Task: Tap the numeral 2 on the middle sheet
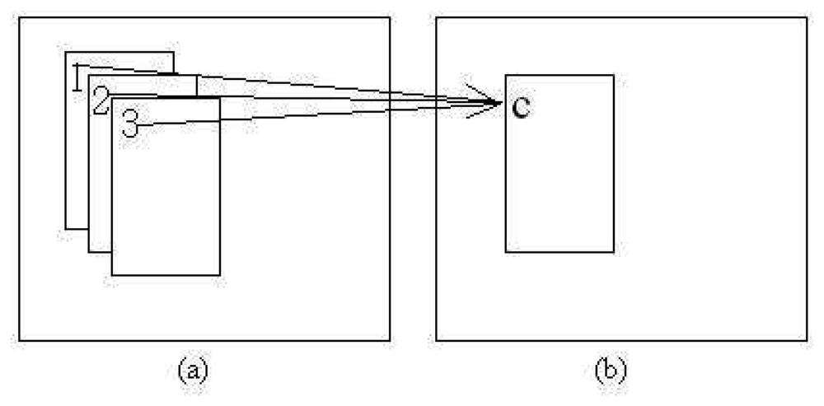click(100, 100)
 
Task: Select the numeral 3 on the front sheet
click(130, 124)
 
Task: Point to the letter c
click(520, 106)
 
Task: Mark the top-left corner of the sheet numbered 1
click(66, 53)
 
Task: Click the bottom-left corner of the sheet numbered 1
click(66, 228)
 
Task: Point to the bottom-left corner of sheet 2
click(89, 251)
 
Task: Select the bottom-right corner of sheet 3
click(220, 275)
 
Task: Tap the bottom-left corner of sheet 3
click(112, 275)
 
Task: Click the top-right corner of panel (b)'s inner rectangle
click(614, 75)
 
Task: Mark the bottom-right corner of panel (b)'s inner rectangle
click(614, 251)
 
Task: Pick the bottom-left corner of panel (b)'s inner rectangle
click(506, 251)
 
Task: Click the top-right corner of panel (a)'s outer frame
click(390, 17)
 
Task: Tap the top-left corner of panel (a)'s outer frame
click(19, 17)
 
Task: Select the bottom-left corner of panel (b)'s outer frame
click(436, 340)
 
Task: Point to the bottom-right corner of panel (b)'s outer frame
click(807, 340)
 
